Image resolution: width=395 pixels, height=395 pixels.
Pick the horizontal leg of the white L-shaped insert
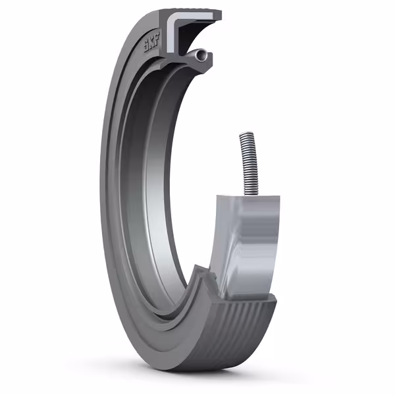point(191,20)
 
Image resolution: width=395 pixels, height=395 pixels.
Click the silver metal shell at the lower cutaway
point(250,244)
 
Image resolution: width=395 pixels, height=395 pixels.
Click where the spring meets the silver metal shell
point(251,196)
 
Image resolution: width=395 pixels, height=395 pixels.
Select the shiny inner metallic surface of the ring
point(155,197)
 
